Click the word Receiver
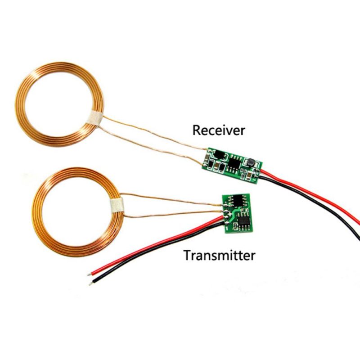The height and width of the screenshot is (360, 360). tap(219, 130)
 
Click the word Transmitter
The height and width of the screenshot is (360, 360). tap(219, 255)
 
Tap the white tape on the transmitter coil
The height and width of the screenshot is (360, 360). tap(117, 205)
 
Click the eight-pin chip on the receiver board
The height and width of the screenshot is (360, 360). tap(234, 163)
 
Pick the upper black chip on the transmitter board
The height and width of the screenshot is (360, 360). tap(239, 200)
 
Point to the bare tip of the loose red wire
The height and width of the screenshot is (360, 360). tap(89, 274)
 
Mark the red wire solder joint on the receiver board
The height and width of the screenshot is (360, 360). tap(258, 172)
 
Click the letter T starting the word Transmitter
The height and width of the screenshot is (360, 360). tap(187, 255)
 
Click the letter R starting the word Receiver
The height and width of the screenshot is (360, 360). tap(196, 130)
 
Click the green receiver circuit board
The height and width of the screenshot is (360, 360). tap(232, 165)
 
